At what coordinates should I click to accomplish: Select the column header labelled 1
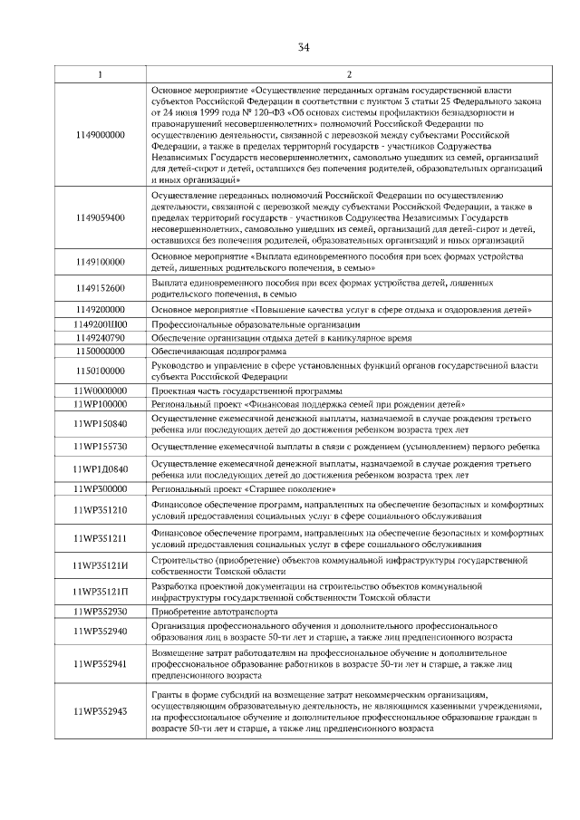point(101,73)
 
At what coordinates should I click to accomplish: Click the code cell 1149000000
point(101,134)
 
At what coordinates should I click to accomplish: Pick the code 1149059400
point(101,217)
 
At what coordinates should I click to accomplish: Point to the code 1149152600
point(101,289)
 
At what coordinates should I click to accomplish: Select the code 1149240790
point(101,337)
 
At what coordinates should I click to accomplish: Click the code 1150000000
point(101,350)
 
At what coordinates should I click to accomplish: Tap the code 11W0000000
point(101,391)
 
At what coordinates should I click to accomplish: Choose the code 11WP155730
point(101,448)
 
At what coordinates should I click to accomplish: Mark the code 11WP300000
point(101,489)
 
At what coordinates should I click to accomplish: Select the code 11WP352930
point(101,612)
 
